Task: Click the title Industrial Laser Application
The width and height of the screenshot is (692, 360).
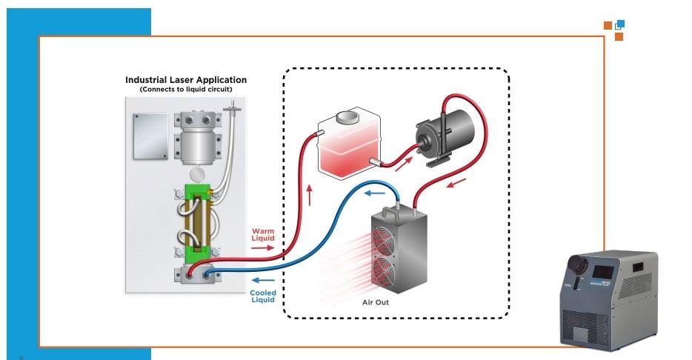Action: pyautogui.click(x=186, y=80)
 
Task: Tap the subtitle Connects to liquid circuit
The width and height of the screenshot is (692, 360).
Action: pyautogui.click(x=186, y=90)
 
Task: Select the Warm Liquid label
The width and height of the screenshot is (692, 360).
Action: pyautogui.click(x=263, y=235)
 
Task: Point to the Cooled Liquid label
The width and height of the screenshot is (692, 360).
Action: pyautogui.click(x=262, y=296)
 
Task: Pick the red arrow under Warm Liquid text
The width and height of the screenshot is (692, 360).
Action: pyautogui.click(x=262, y=248)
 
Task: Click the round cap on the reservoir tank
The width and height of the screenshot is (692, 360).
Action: pyautogui.click(x=347, y=117)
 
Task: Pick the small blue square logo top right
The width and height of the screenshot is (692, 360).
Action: pyautogui.click(x=620, y=24)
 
